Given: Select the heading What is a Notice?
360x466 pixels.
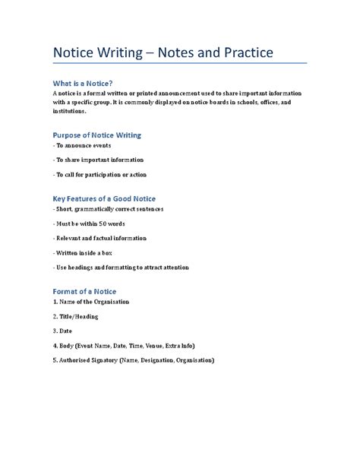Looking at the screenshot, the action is coord(84,83).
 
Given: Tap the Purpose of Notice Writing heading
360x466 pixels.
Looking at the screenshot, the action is coord(96,135).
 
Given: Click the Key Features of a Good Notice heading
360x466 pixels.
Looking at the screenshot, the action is coord(103,198).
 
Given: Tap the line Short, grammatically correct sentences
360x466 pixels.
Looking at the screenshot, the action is coord(109,209).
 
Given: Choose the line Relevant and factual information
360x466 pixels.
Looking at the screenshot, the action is coord(99,238).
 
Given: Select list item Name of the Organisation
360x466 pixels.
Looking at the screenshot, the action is coord(90,302).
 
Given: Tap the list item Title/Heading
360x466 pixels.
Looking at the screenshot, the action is coord(76,316).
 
